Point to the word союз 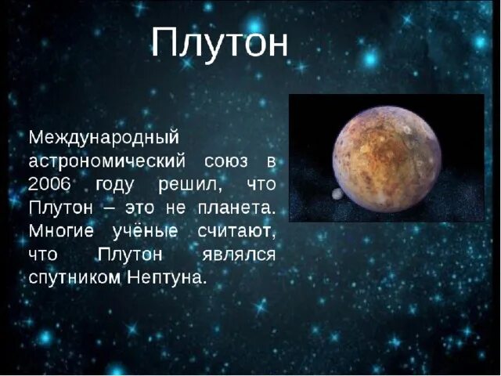[228, 161]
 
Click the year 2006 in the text [51, 185]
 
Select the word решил [192, 186]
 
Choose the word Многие [60, 233]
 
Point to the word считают [236, 233]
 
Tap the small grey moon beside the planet [337, 193]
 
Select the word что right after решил [261, 186]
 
